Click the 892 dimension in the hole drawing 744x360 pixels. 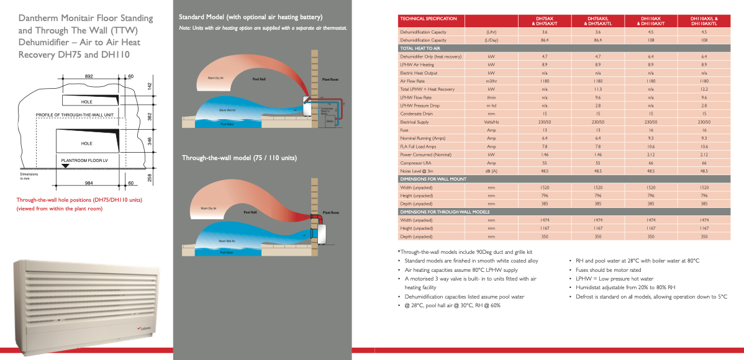pos(89,76)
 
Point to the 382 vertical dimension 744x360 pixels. pos(150,117)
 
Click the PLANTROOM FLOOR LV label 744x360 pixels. pos(84,160)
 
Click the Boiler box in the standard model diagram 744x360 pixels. pos(330,122)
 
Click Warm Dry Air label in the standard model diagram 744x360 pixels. pos(206,78)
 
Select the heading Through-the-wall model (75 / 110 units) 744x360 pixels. pos(239,158)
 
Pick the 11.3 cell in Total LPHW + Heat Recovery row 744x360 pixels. pos(597,89)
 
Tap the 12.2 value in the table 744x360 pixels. pos(704,89)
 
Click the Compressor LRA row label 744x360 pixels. pos(416,163)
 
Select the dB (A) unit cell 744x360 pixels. pos(491,171)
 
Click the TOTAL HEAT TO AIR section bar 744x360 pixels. pos(420,48)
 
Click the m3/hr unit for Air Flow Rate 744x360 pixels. pos(491,81)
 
